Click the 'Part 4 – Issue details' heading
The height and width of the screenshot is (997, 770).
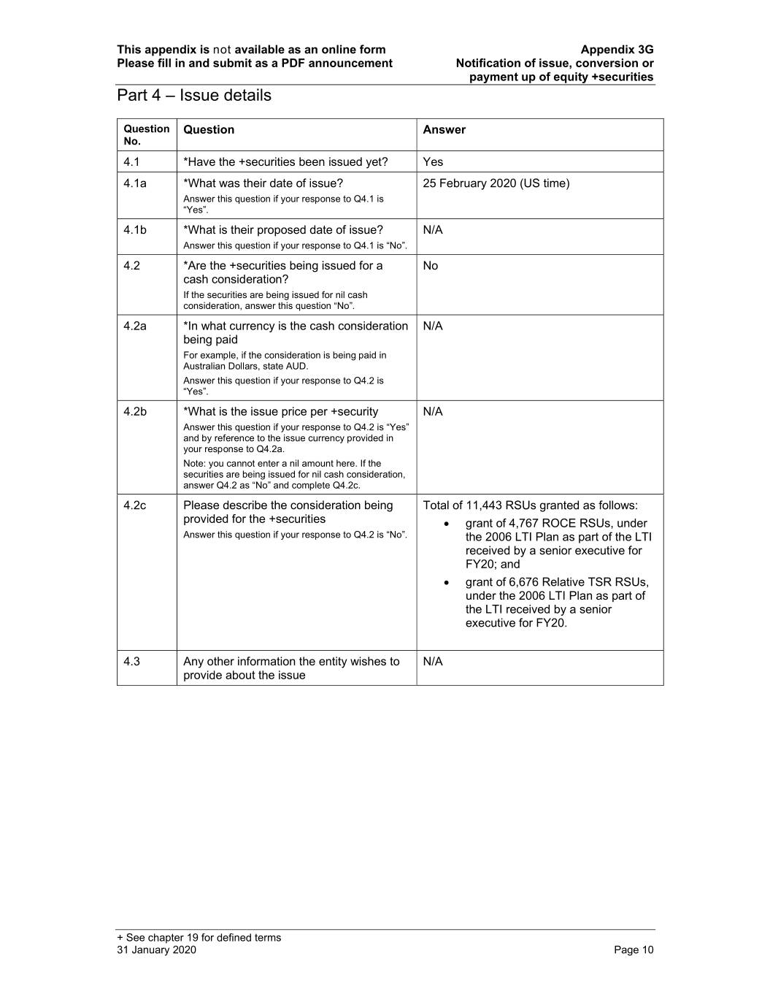pos(193,96)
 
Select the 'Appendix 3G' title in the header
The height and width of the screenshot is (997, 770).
pos(617,50)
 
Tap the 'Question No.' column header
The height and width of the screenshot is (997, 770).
pos(146,134)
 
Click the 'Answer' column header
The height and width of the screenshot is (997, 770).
pos(444,130)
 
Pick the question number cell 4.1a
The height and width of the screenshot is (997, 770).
pos(134,183)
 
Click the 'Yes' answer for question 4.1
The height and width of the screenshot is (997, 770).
pos(433,162)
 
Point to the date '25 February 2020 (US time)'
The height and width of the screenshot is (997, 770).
pos(496,183)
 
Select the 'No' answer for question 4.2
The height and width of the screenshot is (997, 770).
pos(431,266)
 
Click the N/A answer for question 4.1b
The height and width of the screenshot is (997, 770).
pos(433,230)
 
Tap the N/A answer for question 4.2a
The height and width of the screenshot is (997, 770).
pos(433,326)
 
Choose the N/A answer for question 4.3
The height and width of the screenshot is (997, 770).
pos(433,662)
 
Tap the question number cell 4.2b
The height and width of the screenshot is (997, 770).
pos(134,412)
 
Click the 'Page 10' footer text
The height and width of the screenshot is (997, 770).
pos(634,950)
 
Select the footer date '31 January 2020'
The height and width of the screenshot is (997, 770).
pos(156,950)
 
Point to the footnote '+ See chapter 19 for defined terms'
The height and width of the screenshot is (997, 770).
pos(199,938)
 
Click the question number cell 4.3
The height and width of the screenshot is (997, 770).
pos(131,662)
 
